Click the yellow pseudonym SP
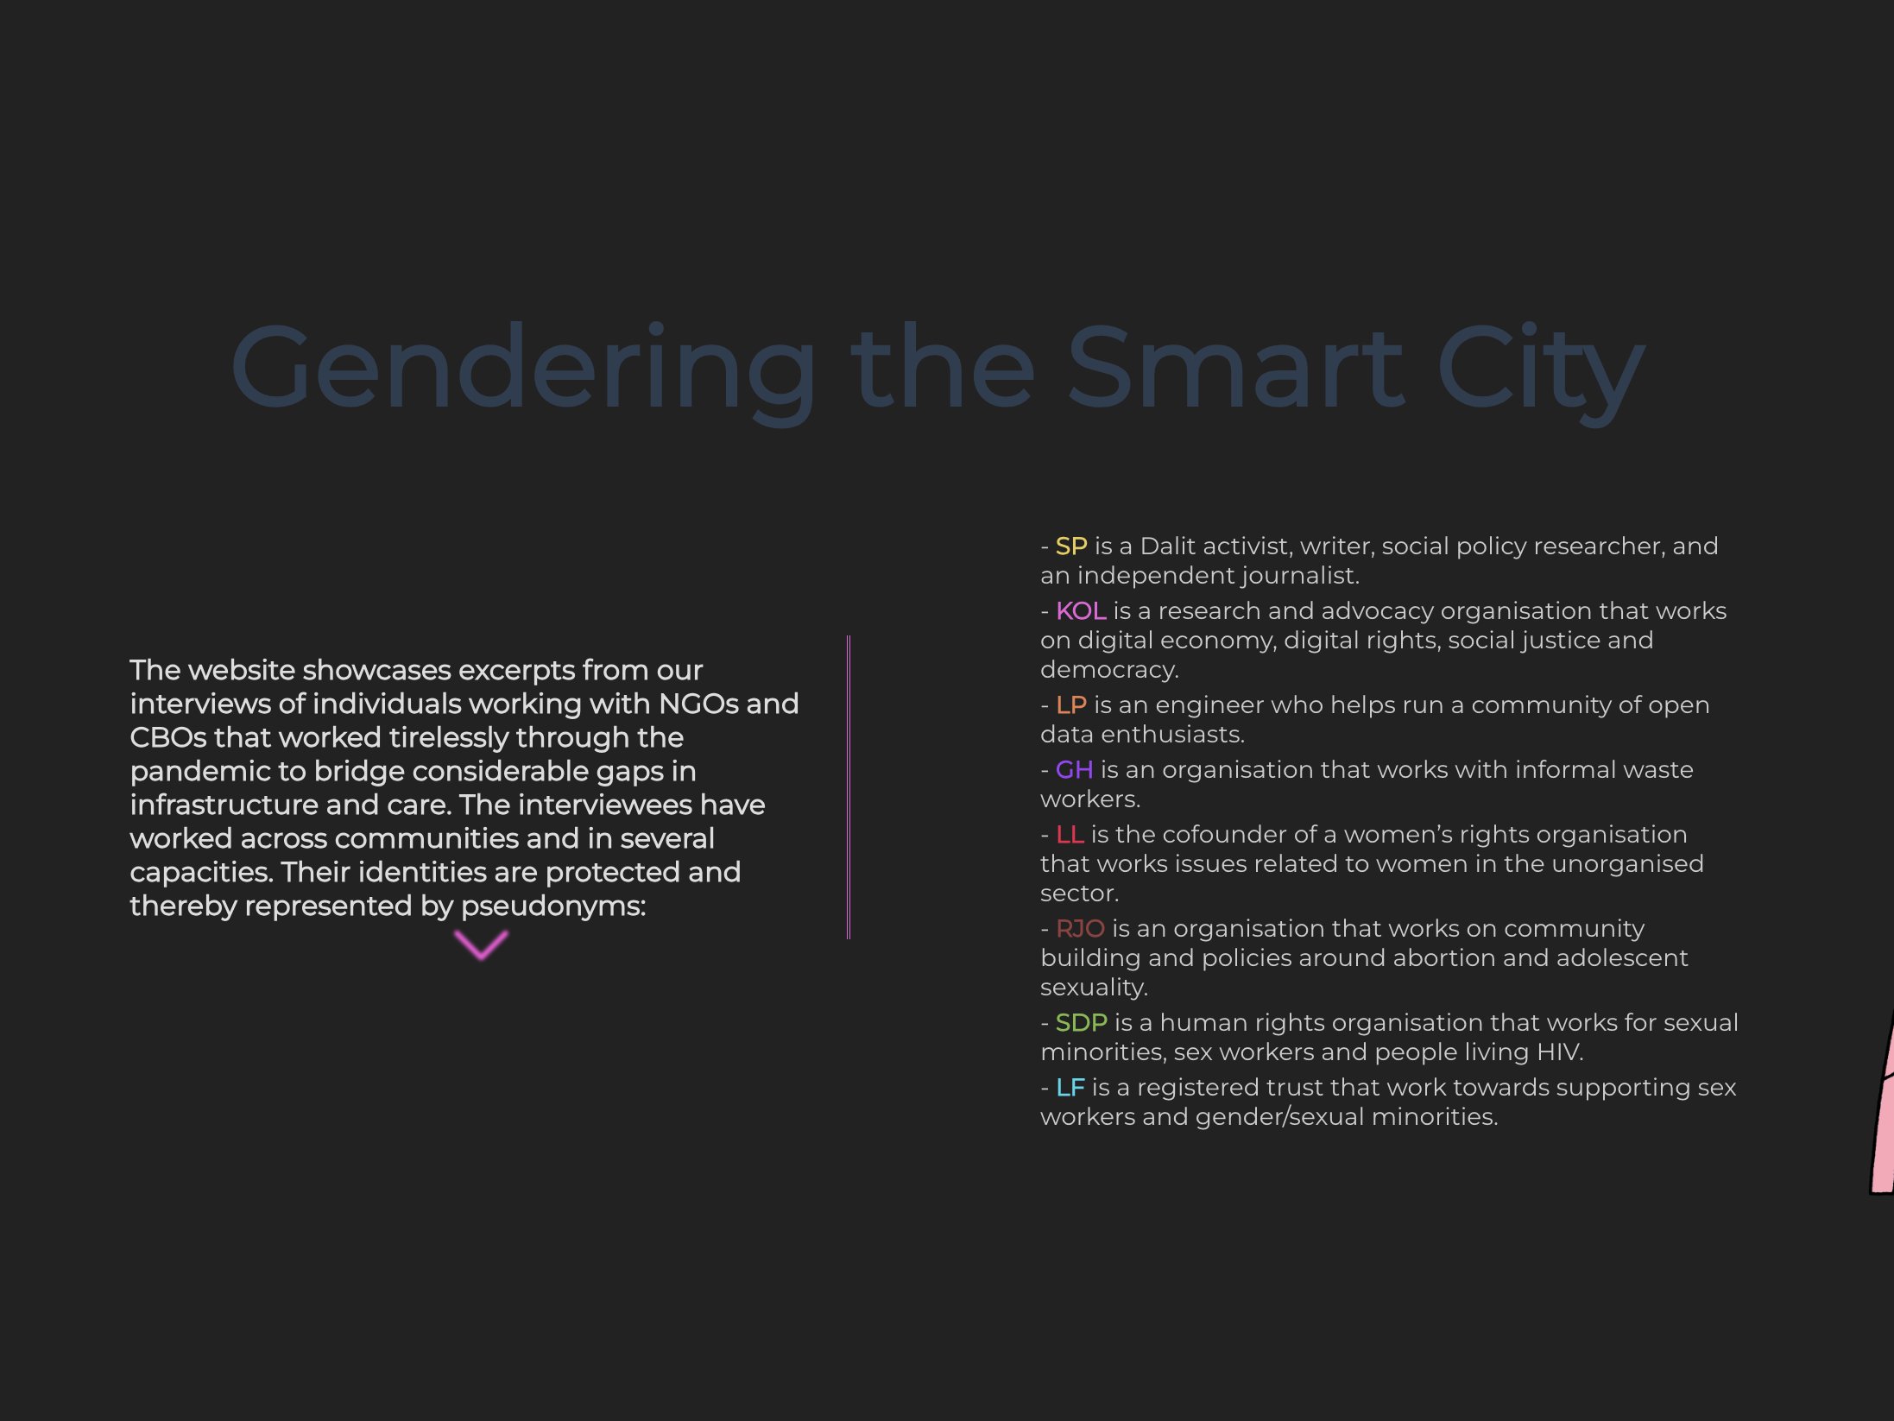(1071, 546)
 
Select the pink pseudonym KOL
(1081, 611)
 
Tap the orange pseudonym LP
(1071, 705)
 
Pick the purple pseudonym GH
(1074, 770)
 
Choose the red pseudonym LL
(1070, 835)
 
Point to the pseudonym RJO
(1080, 929)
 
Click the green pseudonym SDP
(1082, 1023)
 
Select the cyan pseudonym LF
(1070, 1088)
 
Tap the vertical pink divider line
(849, 787)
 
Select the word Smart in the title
(1235, 366)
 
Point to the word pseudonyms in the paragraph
(553, 907)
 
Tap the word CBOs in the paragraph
(168, 738)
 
